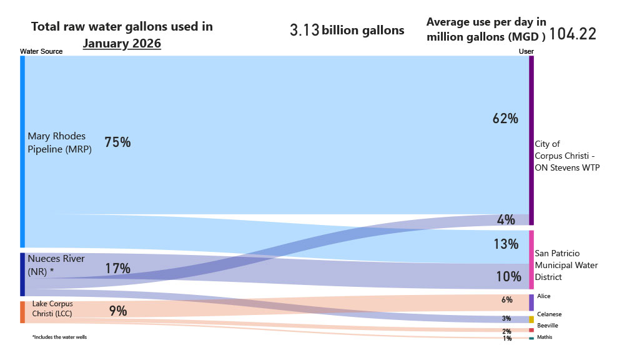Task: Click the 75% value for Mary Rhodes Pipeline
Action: point(117,142)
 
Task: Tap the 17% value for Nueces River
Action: point(117,269)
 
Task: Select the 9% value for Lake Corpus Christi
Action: point(118,311)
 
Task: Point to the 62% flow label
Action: point(505,118)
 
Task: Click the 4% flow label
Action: point(506,219)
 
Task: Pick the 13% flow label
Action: point(505,244)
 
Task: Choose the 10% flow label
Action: point(508,276)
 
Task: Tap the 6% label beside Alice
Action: point(506,300)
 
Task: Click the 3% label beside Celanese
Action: point(506,319)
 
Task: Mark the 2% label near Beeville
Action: point(506,331)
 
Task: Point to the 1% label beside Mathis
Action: point(506,338)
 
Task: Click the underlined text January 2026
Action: point(122,44)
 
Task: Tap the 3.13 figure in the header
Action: point(305,30)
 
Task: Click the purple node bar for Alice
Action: point(531,302)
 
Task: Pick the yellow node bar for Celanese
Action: point(531,319)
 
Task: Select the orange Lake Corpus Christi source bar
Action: point(22,312)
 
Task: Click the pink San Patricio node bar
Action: point(531,259)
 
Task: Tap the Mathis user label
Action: point(544,337)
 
